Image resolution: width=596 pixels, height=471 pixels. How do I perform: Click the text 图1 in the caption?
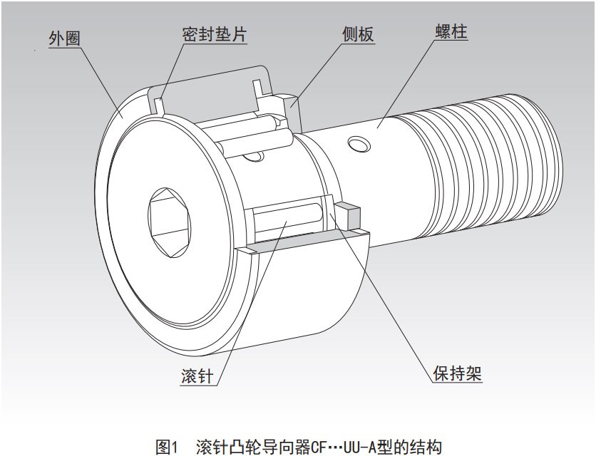point(166,447)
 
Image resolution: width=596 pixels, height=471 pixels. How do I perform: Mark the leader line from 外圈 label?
point(101,78)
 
